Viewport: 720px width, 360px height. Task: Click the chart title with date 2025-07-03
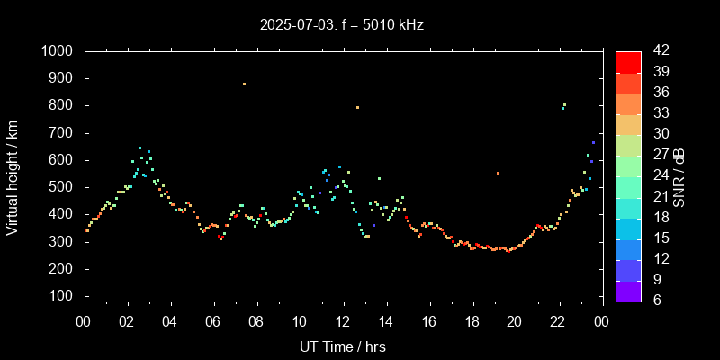pyautogui.click(x=342, y=24)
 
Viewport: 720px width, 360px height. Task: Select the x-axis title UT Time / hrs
pyautogui.click(x=342, y=346)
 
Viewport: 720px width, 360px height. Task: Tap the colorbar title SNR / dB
pyautogui.click(x=679, y=175)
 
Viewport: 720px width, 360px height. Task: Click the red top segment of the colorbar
pyautogui.click(x=628, y=61)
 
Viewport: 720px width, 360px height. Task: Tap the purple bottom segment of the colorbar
pyautogui.click(x=628, y=290)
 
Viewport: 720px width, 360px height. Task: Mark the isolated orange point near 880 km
pyautogui.click(x=244, y=84)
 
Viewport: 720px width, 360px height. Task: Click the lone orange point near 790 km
pyautogui.click(x=357, y=107)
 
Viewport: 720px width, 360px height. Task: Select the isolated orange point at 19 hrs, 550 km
pyautogui.click(x=498, y=173)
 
